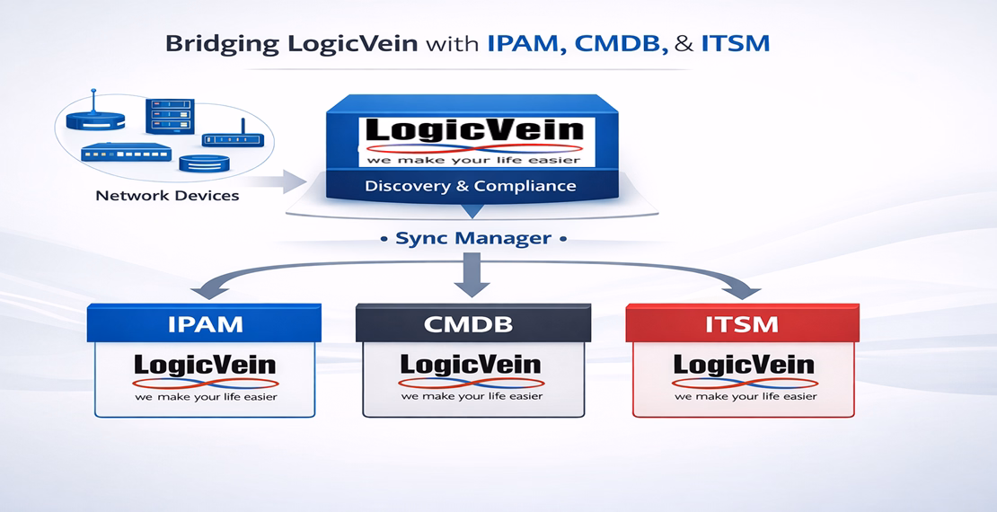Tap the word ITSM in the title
click(736, 44)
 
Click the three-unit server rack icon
click(171, 115)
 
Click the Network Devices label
click(167, 195)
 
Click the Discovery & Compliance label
click(471, 187)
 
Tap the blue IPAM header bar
click(205, 323)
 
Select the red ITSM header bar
click(743, 323)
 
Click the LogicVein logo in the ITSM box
click(744, 366)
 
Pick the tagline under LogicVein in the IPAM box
click(206, 396)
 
